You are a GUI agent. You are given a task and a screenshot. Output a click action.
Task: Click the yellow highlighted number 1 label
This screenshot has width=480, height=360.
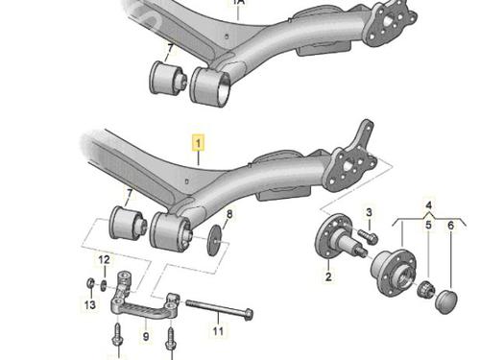(x=198, y=143)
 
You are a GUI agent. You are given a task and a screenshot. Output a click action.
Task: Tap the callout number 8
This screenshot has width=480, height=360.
(x=229, y=214)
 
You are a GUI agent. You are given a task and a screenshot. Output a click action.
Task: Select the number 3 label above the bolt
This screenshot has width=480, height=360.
(x=369, y=212)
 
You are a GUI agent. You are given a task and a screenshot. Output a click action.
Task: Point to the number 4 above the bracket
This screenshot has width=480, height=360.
(x=429, y=205)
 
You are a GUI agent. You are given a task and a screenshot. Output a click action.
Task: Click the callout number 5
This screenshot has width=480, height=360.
(x=428, y=226)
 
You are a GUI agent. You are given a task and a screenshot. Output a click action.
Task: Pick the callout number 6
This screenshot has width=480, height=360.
(x=451, y=226)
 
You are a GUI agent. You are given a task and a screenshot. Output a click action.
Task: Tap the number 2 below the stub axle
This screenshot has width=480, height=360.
(x=328, y=276)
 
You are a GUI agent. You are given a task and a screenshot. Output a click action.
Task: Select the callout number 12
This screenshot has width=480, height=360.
(x=104, y=260)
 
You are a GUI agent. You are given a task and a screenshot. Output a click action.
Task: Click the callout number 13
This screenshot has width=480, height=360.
(x=90, y=304)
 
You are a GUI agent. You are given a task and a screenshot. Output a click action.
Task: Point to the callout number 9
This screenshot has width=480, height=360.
(x=146, y=336)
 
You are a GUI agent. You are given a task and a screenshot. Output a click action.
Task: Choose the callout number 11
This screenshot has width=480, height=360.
(x=218, y=330)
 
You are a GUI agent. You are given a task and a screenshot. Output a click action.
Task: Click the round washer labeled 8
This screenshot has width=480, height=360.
(x=214, y=240)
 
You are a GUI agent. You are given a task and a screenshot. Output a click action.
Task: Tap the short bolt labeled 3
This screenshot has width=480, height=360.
(x=368, y=236)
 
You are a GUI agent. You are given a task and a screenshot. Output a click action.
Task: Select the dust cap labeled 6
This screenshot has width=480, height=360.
(x=446, y=301)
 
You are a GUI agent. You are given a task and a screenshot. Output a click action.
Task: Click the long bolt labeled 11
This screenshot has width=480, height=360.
(x=220, y=309)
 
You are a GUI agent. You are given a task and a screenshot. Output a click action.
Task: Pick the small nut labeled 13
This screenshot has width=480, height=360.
(x=90, y=283)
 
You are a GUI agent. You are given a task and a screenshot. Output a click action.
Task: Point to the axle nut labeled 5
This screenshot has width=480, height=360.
(x=426, y=289)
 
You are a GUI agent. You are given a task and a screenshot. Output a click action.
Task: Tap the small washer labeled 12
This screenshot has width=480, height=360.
(x=104, y=285)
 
